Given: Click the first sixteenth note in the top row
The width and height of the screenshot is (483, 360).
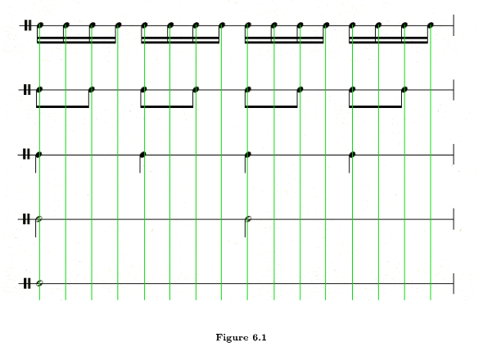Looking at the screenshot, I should point(40,25).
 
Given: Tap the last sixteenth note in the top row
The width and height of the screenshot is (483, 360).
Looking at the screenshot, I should point(431,25).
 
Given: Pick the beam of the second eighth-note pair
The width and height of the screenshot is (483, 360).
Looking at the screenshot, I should point(167,106).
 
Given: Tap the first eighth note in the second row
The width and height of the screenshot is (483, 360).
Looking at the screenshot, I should point(39,89).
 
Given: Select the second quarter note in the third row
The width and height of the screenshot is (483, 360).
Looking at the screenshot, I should point(144,154).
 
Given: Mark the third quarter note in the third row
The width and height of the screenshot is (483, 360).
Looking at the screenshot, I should point(248,154).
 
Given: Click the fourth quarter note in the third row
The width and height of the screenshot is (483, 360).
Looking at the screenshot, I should point(352,154).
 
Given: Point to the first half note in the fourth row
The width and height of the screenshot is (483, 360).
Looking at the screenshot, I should point(39,219).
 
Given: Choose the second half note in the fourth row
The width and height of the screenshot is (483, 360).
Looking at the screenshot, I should point(248,218).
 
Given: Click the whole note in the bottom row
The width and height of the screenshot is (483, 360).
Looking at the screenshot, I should point(39,283).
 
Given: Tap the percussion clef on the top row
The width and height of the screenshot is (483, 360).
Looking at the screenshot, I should point(28,25).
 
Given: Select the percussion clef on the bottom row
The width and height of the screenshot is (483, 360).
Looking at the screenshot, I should point(28,283).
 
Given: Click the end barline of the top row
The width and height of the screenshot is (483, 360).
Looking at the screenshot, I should point(454,25).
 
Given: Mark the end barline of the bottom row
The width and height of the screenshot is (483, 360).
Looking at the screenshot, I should point(454,283).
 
